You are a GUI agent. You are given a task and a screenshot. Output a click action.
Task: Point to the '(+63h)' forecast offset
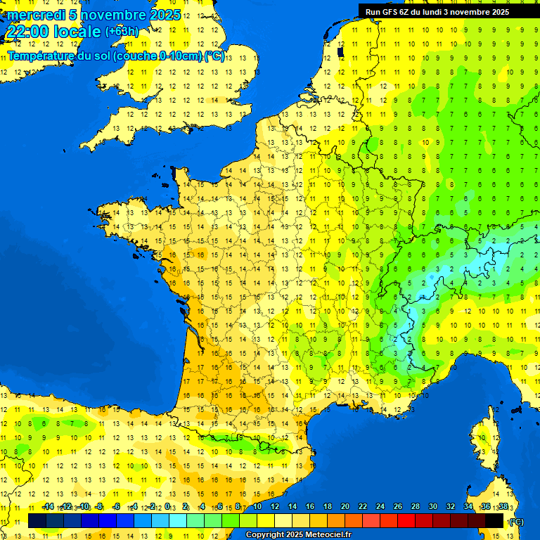tap(122, 32)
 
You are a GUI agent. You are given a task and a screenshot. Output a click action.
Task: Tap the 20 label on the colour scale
tap(345, 507)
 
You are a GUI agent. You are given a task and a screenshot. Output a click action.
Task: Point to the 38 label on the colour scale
tap(503, 507)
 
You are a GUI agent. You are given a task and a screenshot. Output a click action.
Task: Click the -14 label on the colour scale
tap(49, 507)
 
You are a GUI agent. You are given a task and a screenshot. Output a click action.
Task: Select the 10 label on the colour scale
tap(257, 507)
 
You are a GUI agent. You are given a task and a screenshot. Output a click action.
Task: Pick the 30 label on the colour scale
tap(432, 507)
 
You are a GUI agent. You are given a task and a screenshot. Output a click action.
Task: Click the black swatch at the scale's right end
tap(494, 520)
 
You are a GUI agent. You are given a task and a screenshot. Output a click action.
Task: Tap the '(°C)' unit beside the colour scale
tap(516, 521)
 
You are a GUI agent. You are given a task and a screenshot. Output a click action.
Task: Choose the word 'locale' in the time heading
tap(77, 32)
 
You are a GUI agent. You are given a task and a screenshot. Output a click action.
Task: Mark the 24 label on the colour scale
tap(380, 507)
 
